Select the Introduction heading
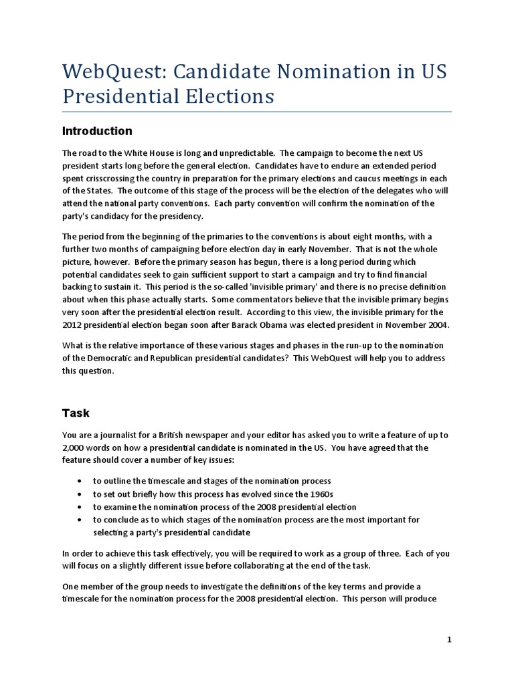click(97, 130)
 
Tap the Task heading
click(76, 413)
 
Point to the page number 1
click(450, 640)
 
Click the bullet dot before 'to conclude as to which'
click(80, 520)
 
